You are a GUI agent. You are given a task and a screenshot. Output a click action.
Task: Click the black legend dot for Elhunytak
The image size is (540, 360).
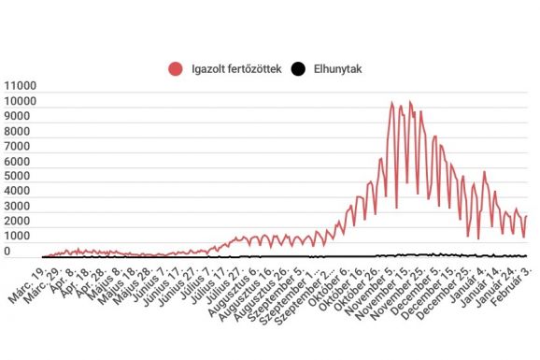[x=298, y=68]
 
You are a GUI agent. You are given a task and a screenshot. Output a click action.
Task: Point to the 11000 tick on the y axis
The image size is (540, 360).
[x=21, y=86]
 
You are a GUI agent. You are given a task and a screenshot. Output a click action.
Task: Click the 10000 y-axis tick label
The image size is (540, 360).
[x=21, y=101]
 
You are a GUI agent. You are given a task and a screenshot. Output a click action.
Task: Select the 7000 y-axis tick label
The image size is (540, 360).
[x=21, y=146]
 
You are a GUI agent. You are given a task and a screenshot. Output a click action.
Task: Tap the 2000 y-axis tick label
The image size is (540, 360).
[x=21, y=221]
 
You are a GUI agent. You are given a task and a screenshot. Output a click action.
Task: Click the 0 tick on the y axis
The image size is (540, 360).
[x=32, y=251]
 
